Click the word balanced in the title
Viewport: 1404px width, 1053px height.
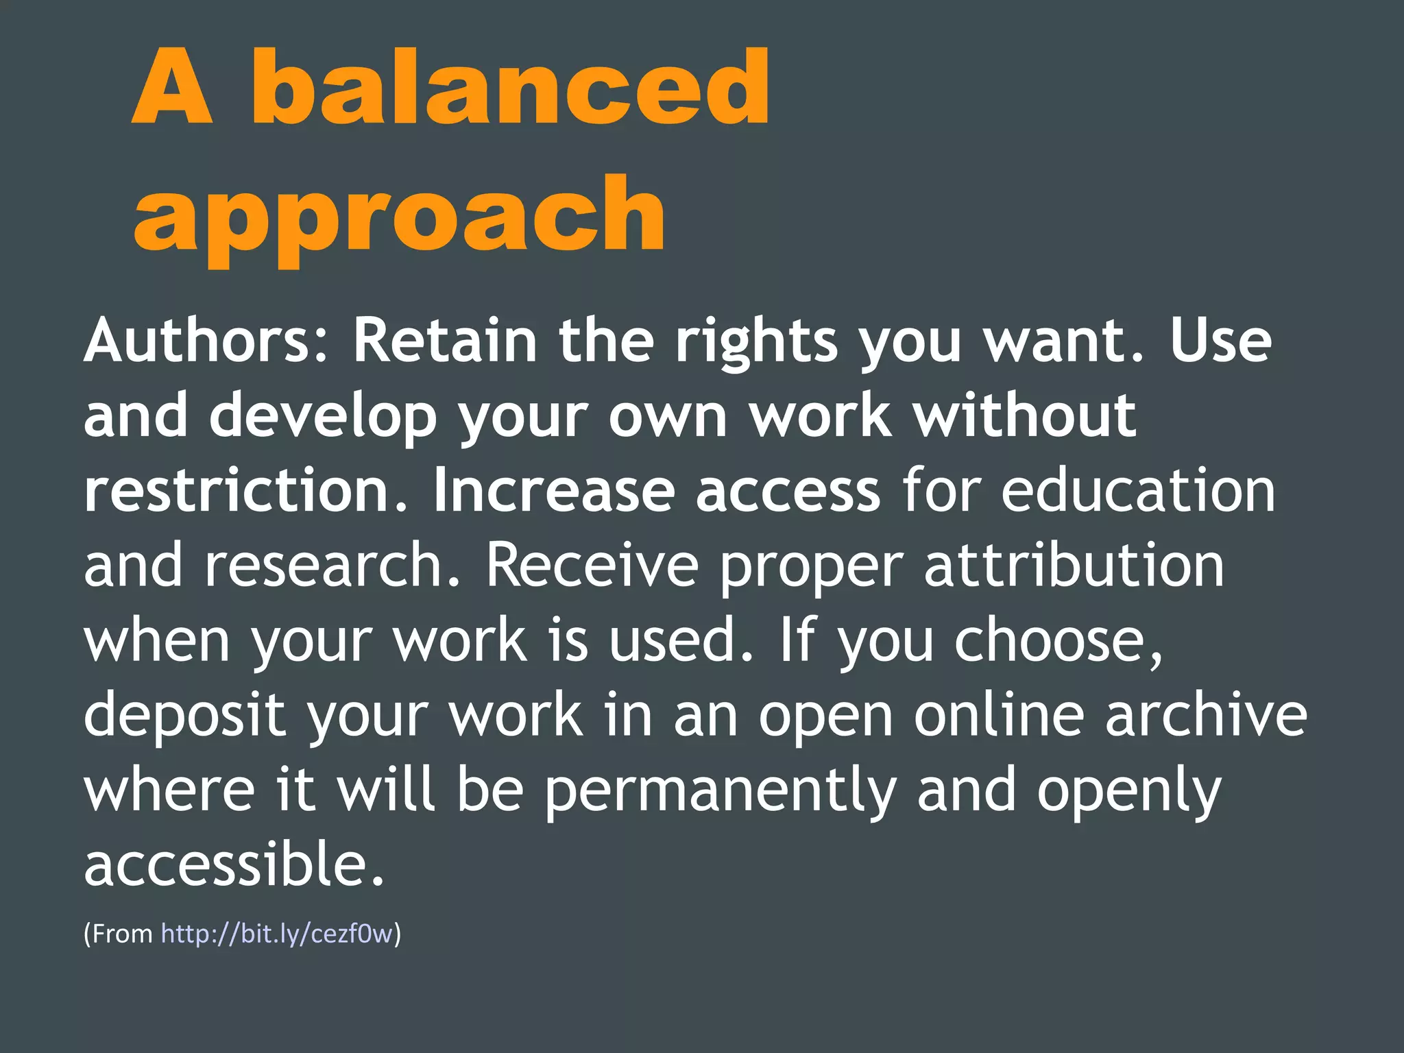(x=511, y=87)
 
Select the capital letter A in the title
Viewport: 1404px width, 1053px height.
(x=172, y=87)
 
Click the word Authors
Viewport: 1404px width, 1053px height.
(x=206, y=341)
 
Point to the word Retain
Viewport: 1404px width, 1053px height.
(x=444, y=341)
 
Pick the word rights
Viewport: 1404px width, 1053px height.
(x=756, y=341)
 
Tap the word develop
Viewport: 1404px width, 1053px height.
(x=323, y=416)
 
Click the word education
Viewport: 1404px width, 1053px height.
(x=1138, y=490)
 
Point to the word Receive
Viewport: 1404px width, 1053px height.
(x=592, y=566)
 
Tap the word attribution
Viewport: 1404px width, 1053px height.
(x=1074, y=566)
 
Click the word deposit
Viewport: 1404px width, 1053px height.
(x=184, y=715)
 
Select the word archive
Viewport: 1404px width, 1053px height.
(x=1206, y=715)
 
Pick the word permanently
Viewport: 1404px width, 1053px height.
(x=721, y=790)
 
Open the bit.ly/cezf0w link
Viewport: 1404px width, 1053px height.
(x=277, y=934)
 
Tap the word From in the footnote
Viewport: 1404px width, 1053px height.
(x=123, y=934)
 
